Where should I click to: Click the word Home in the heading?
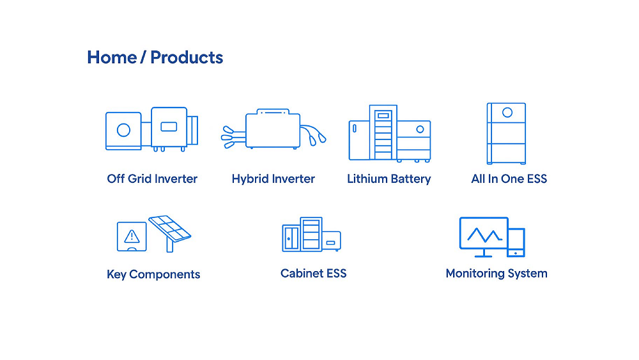click(112, 58)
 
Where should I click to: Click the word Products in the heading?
click(187, 58)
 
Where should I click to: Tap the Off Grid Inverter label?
click(152, 178)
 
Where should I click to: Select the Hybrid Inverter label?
click(273, 179)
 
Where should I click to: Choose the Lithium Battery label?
click(389, 179)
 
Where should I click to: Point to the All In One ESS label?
click(509, 178)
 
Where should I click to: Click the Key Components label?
click(153, 274)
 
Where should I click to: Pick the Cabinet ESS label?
click(313, 273)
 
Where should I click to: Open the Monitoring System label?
click(497, 274)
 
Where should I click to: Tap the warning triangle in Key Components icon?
click(132, 237)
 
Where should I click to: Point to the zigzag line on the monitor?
click(484, 235)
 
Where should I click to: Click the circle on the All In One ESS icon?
click(507, 113)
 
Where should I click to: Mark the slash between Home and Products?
click(143, 58)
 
